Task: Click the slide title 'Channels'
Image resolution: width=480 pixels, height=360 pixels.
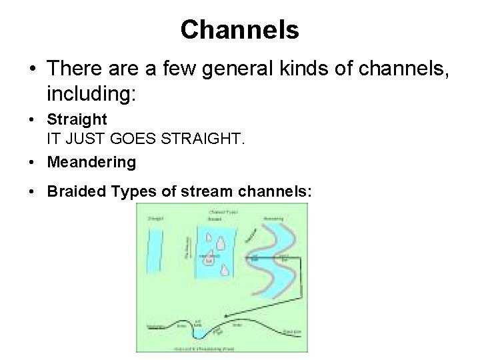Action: pyautogui.click(x=239, y=29)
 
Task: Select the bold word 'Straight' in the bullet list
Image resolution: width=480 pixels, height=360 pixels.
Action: pyautogui.click(x=77, y=120)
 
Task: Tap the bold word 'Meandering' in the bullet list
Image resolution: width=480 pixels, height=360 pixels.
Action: pyautogui.click(x=91, y=162)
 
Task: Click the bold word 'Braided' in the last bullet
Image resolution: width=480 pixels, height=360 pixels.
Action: pyautogui.click(x=73, y=192)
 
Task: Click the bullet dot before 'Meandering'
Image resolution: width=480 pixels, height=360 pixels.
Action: pyautogui.click(x=32, y=162)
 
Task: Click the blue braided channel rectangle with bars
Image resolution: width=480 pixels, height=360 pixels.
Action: pyautogui.click(x=215, y=253)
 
